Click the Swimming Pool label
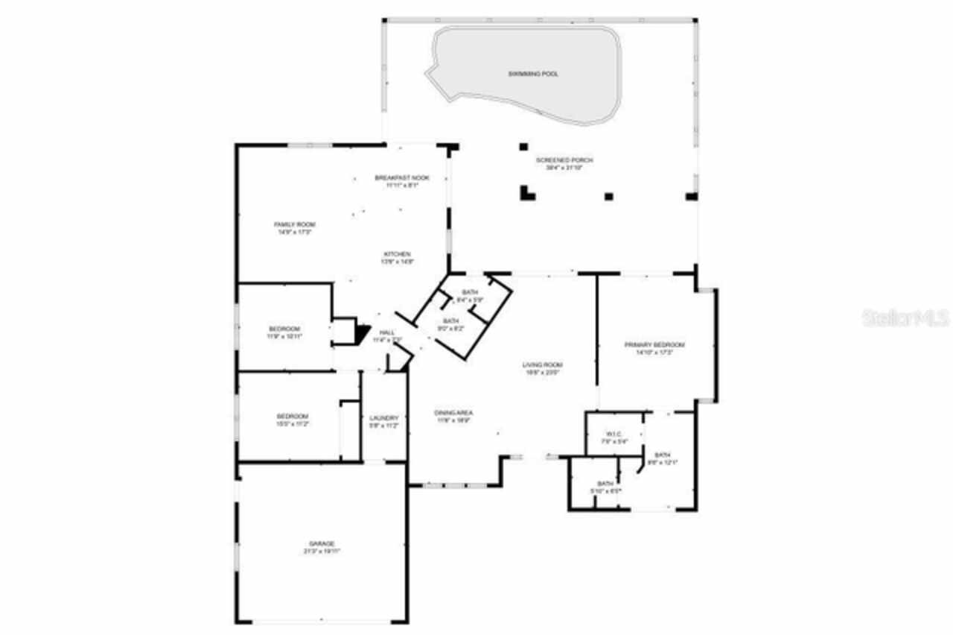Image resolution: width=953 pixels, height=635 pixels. tap(533, 74)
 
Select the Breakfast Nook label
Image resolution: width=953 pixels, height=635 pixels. tap(401, 177)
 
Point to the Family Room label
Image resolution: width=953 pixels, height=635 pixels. tap(295, 224)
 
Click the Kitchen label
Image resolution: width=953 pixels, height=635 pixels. tap(397, 254)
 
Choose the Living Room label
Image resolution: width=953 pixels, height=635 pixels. tap(542, 364)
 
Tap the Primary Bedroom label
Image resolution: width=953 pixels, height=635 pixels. tap(654, 345)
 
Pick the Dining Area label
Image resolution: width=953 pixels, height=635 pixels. tap(454, 413)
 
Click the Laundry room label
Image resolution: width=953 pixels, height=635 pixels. tap(384, 418)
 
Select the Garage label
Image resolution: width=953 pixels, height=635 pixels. tap(322, 543)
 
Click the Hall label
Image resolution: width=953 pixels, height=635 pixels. tap(387, 332)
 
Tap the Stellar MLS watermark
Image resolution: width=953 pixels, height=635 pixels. tap(905, 318)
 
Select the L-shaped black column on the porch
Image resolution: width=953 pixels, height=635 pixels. tap(527, 194)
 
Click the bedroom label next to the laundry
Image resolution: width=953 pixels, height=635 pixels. tap(293, 416)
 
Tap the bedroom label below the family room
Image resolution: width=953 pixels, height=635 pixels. tap(284, 329)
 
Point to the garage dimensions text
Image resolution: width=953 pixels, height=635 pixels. tap(322, 551)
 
